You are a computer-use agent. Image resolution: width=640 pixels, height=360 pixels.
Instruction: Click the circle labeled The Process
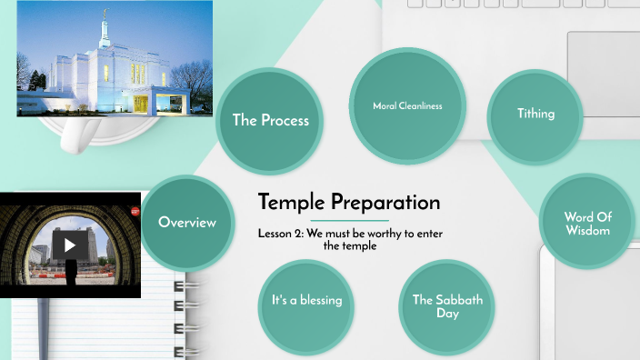click(270, 120)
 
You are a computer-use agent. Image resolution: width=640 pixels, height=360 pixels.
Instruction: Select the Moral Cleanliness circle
click(407, 106)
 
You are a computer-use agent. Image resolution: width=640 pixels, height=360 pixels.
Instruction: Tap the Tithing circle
click(535, 115)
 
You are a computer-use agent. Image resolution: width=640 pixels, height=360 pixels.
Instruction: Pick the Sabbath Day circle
click(447, 306)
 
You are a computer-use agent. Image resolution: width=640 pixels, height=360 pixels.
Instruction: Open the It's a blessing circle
click(306, 300)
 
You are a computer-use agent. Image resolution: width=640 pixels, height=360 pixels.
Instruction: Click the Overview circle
click(187, 222)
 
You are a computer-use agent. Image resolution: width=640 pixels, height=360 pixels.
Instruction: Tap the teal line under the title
click(350, 221)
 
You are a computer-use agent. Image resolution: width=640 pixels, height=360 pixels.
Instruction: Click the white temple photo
click(115, 58)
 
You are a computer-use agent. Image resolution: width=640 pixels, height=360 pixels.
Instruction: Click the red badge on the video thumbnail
click(135, 211)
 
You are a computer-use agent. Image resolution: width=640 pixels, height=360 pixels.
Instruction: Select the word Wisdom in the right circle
click(587, 230)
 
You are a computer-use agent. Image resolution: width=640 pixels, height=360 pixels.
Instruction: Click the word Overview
click(187, 222)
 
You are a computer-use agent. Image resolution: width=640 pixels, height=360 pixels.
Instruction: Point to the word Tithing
click(535, 115)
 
